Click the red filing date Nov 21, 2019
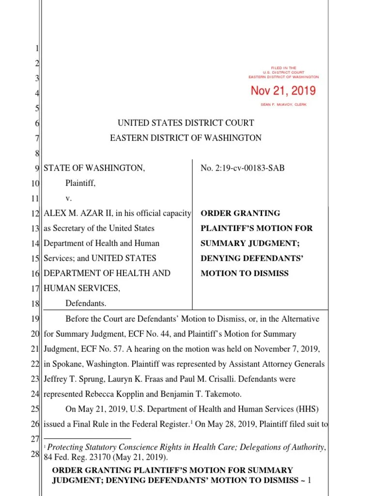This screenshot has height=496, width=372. [x=283, y=91]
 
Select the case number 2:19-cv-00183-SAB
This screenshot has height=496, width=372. [x=243, y=168]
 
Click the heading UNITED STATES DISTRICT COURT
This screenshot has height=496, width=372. [x=186, y=123]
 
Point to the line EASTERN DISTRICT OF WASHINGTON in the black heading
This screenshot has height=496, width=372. [x=186, y=138]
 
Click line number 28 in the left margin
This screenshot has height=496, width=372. [x=35, y=454]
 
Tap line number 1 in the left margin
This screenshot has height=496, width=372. [x=37, y=48]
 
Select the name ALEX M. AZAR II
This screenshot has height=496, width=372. [x=73, y=213]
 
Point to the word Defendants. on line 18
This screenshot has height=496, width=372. [x=86, y=303]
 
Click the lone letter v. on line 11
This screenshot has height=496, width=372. [x=68, y=198]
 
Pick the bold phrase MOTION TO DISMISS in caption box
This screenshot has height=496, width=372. [x=245, y=273]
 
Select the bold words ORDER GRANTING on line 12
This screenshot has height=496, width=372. [x=233, y=213]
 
